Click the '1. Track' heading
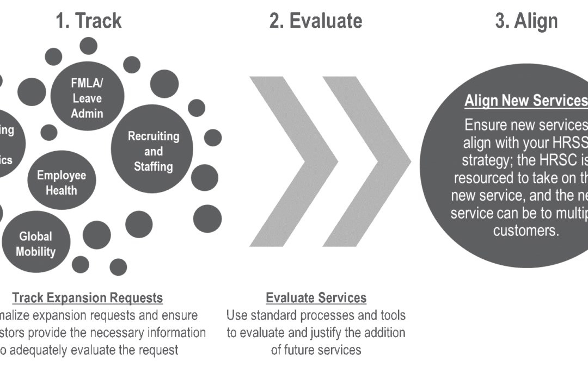pyautogui.click(x=89, y=21)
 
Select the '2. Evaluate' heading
pyautogui.click(x=315, y=21)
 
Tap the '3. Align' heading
pyautogui.click(x=526, y=21)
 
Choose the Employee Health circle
pyautogui.click(x=61, y=183)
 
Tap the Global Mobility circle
pyautogui.click(x=36, y=244)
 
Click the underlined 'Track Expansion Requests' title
pyautogui.click(x=88, y=298)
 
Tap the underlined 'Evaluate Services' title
pyautogui.click(x=316, y=298)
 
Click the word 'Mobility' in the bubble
pyautogui.click(x=36, y=252)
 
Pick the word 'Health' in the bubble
pyautogui.click(x=62, y=190)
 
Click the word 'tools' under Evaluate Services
pyautogui.click(x=390, y=315)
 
